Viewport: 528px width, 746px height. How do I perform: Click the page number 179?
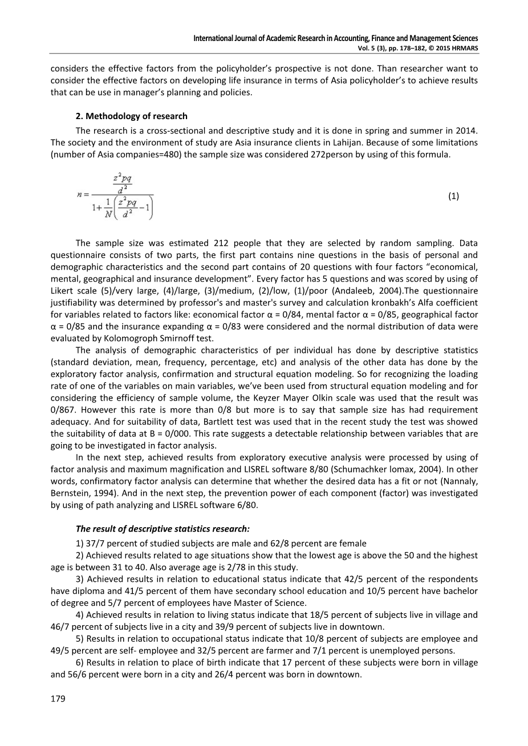(58, 699)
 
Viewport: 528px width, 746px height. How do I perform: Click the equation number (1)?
(453, 196)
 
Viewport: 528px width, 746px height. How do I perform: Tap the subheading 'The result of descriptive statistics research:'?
(163, 529)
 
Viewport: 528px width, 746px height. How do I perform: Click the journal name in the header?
(336, 38)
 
